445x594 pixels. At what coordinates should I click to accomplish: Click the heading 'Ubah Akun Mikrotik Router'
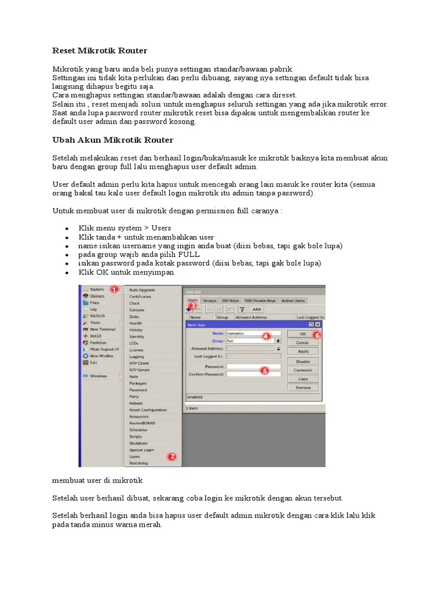(112, 140)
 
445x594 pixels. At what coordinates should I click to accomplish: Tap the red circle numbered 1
(114, 289)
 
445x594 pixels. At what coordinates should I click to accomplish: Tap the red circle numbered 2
(172, 457)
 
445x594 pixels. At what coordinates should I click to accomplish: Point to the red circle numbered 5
(264, 370)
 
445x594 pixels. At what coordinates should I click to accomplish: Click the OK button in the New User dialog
(302, 334)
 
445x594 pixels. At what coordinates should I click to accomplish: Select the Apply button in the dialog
(302, 351)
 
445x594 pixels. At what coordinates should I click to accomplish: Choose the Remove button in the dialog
(302, 387)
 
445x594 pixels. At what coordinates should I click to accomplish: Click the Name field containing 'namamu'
(253, 334)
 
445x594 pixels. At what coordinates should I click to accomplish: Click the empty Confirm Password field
(253, 375)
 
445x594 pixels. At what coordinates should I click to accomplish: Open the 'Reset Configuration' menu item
(147, 410)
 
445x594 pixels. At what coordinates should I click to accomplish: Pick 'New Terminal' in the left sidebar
(103, 329)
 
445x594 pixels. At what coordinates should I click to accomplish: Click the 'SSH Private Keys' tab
(260, 300)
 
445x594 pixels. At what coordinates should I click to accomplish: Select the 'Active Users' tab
(293, 300)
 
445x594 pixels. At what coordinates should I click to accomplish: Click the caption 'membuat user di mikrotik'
(97, 481)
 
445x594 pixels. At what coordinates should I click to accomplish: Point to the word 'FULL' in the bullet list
(190, 255)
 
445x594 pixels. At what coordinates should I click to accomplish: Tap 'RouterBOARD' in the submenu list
(141, 423)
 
